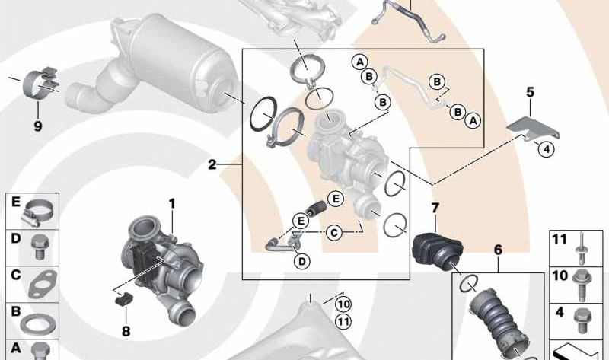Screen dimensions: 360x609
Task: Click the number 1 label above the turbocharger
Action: (x=172, y=203)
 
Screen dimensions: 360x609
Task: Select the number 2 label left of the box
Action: (x=212, y=164)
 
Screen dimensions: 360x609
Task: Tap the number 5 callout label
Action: (x=530, y=93)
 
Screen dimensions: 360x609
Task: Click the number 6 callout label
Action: (x=498, y=249)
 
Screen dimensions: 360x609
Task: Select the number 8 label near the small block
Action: (x=126, y=331)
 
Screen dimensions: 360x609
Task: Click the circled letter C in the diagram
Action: (x=333, y=233)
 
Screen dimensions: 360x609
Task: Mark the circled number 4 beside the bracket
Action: (x=545, y=149)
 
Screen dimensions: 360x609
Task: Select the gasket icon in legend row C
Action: (x=37, y=283)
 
